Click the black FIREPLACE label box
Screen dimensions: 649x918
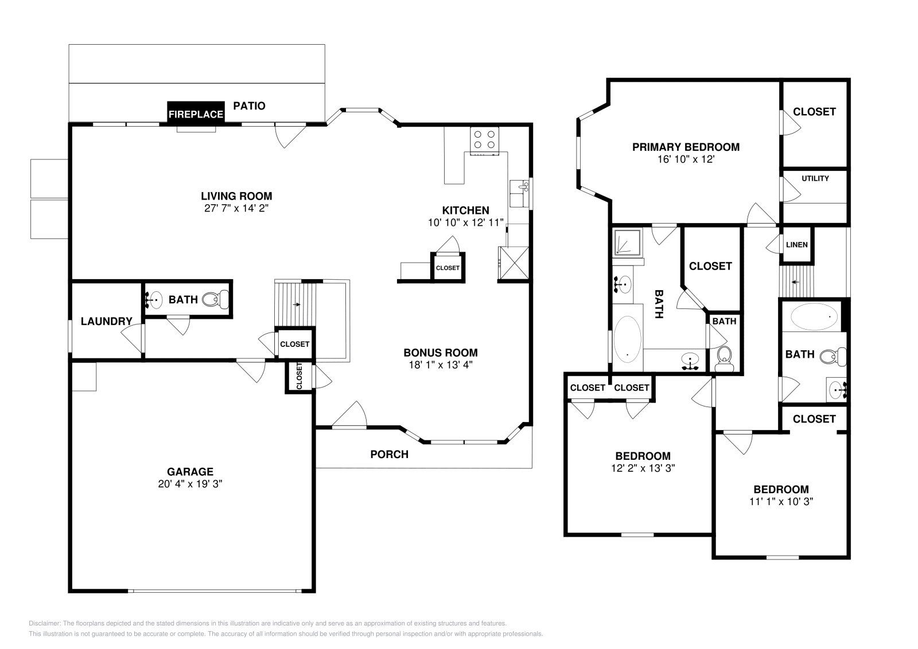(196, 114)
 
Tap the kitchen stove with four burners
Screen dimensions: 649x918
(484, 139)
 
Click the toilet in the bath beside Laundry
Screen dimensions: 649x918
(217, 299)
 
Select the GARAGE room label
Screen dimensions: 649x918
(190, 472)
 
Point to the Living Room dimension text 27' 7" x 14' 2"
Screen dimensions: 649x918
(236, 209)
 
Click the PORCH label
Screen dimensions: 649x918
(389, 455)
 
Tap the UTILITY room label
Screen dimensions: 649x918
(815, 178)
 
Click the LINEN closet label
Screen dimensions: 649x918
(796, 245)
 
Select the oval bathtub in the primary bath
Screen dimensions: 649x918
(627, 341)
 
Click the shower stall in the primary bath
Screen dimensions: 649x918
(628, 242)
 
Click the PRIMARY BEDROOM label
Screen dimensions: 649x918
(686, 147)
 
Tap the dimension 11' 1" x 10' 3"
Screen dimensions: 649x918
(781, 502)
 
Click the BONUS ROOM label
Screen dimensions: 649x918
(440, 353)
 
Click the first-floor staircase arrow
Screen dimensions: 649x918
(296, 304)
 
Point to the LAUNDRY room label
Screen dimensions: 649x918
(106, 321)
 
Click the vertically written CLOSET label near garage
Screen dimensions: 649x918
(299, 376)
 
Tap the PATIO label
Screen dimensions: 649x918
(249, 106)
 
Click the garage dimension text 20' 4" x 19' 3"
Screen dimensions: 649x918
(190, 484)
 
